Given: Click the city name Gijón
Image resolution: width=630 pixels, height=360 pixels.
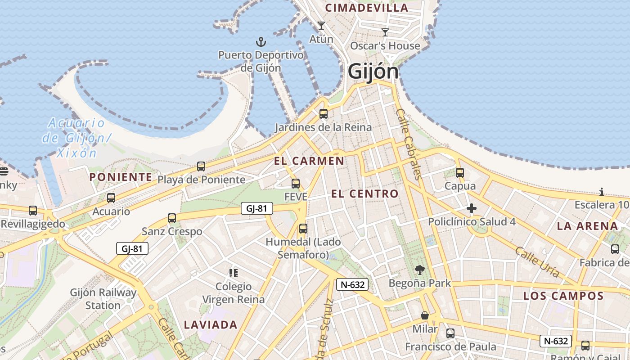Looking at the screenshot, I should [373, 72].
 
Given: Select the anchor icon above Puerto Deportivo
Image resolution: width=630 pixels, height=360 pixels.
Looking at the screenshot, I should [261, 42].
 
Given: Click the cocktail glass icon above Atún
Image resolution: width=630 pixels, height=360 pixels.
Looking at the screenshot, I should [321, 26].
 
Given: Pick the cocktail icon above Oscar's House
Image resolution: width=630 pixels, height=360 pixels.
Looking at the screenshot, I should [385, 32].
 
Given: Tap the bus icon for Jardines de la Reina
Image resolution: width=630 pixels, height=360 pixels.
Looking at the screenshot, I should [324, 113].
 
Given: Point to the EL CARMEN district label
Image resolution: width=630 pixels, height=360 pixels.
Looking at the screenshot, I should [309, 161].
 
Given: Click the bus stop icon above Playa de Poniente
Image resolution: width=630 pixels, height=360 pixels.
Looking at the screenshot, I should [201, 166].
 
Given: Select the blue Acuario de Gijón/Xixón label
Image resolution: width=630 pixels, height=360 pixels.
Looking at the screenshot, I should [76, 138].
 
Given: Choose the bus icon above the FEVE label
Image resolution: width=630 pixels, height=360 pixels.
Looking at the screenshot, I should [296, 183].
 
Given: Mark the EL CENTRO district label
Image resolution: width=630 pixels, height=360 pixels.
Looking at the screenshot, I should [365, 194].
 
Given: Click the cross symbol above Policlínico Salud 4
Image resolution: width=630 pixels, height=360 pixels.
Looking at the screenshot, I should [472, 208].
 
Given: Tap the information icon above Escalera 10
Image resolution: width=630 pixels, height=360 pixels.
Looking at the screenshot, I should [602, 192].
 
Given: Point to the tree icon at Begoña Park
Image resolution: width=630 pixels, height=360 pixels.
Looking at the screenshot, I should [420, 270].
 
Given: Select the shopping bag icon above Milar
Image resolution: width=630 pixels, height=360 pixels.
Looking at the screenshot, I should [425, 315].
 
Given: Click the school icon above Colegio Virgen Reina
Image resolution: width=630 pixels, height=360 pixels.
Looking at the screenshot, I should [233, 273].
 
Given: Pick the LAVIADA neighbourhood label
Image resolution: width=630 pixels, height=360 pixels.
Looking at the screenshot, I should [211, 324].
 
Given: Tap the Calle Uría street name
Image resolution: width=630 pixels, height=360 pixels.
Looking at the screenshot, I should [537, 262].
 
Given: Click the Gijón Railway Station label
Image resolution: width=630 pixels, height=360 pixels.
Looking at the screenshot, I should [103, 299].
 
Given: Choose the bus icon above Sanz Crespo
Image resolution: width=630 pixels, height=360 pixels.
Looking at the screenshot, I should [172, 218].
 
